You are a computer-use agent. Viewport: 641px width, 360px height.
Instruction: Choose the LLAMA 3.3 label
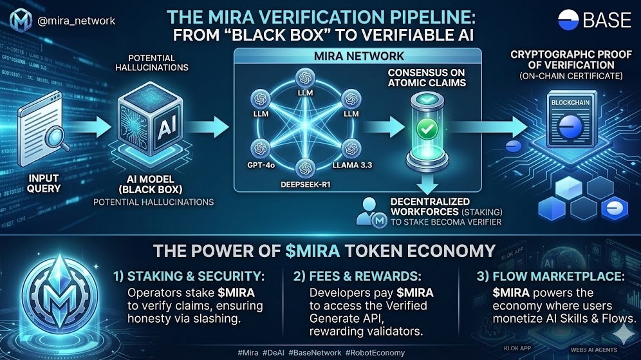coord(346,165)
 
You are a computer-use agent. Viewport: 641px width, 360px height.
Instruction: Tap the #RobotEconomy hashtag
coord(375,352)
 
